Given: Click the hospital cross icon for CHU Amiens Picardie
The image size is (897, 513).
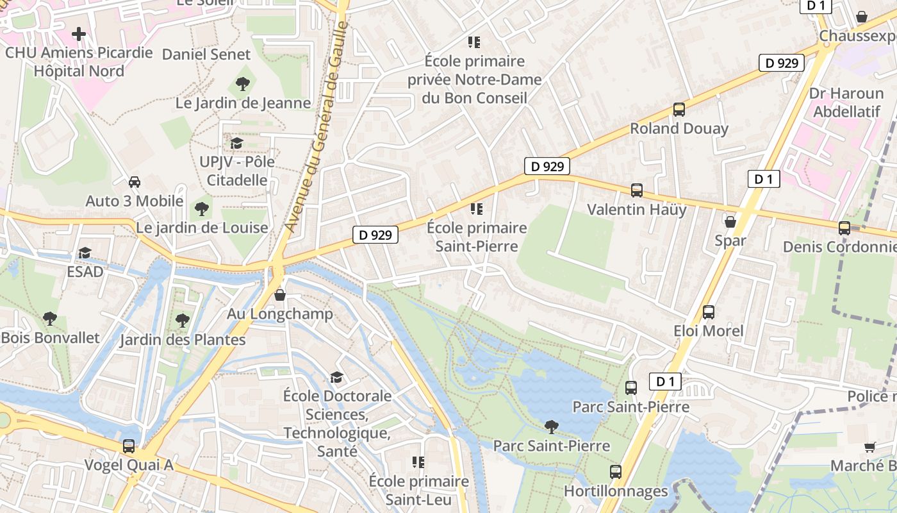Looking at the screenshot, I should coord(79,33).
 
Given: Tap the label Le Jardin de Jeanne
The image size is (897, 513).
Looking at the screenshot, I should coord(243,103).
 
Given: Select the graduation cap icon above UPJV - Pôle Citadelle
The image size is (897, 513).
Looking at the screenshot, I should coord(236,142).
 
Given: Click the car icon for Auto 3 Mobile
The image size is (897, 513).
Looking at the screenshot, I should coord(135,181).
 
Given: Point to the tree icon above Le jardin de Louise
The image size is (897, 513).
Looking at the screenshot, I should coord(202,208).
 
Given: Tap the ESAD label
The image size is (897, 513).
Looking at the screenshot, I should coord(85,271).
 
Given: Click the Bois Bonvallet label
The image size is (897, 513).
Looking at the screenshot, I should coord(51,337).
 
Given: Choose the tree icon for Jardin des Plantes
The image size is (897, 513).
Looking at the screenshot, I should coord(183,320).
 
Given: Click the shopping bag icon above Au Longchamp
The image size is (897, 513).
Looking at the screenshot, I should coord(280,295).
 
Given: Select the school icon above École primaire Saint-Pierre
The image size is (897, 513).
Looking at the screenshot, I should coord(475,208).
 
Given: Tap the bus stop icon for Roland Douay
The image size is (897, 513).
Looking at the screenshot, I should coord(679,110).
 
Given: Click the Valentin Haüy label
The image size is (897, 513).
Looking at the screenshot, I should coord(636,210).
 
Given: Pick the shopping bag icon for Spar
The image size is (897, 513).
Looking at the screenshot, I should coord(730,222).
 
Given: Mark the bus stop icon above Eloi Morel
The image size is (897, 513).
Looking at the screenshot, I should coord(709,312).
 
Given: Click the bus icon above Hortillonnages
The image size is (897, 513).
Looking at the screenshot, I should coord(616,472).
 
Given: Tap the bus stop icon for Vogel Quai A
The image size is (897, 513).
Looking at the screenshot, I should coord(129,446).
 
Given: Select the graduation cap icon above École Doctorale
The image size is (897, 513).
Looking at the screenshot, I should coord(337,377).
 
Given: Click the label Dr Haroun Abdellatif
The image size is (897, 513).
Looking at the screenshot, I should coord(846,103).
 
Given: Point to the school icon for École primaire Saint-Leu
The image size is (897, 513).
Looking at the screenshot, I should coord(418,462).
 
